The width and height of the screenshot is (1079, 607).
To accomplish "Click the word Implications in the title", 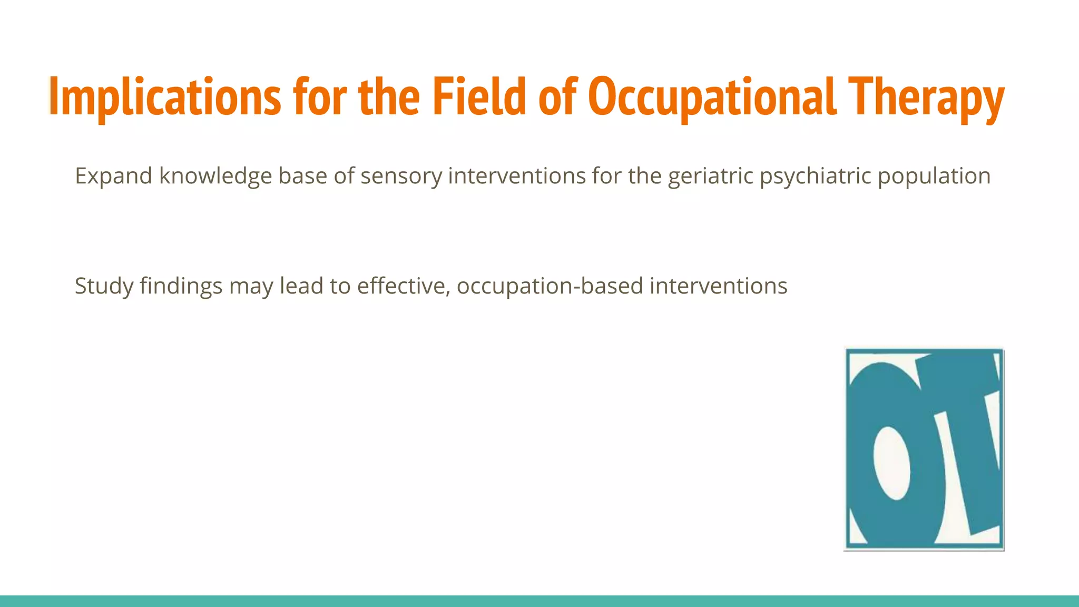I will tap(165, 97).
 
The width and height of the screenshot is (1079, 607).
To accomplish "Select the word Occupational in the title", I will tap(712, 97).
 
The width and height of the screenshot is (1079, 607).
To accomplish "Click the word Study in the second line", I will tap(104, 286).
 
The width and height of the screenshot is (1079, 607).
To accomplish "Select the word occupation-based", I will tap(550, 286).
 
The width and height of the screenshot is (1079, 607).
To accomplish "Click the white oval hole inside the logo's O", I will tap(891, 463).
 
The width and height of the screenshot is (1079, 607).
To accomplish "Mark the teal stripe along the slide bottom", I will tap(539, 601).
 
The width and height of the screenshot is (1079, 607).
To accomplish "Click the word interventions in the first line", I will tap(516, 176).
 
